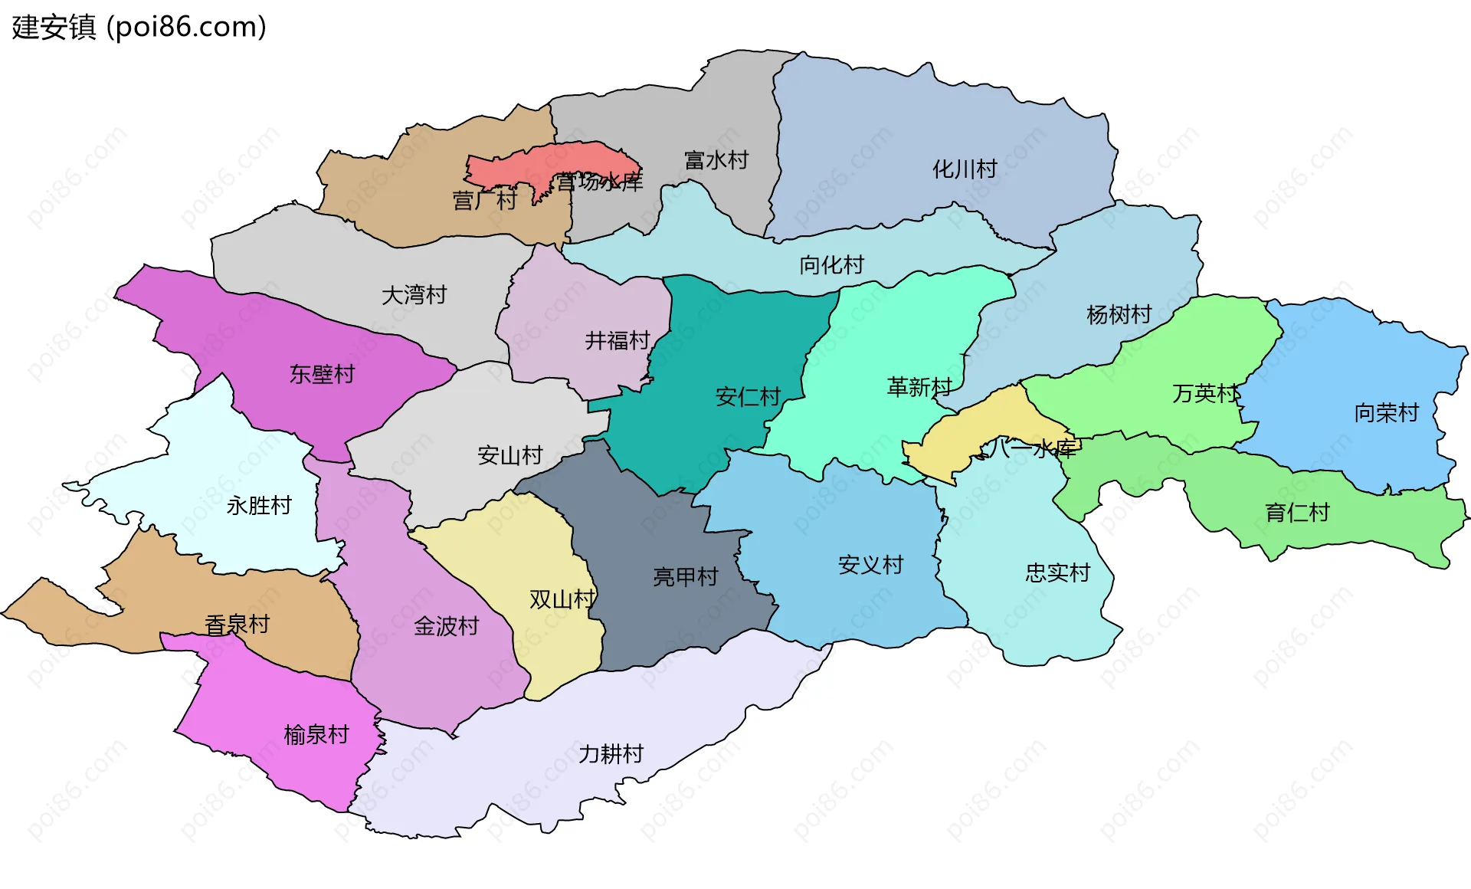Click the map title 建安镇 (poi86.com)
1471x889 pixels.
click(139, 28)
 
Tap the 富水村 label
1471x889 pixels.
click(716, 160)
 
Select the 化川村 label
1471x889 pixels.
click(964, 169)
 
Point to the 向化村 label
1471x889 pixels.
click(831, 265)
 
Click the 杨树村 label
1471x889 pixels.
click(1119, 314)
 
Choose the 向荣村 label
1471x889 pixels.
click(1386, 413)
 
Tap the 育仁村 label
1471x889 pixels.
click(1296, 512)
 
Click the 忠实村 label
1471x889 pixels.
click(1057, 572)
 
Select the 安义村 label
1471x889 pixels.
click(870, 565)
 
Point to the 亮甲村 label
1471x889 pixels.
click(685, 576)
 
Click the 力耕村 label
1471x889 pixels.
click(611, 754)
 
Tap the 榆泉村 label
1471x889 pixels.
click(316, 735)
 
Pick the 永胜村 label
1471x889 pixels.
click(259, 506)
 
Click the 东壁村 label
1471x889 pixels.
click(322, 374)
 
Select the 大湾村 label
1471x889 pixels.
click(414, 295)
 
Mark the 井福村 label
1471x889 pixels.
click(617, 340)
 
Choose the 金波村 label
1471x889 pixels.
click(446, 626)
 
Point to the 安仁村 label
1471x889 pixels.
click(747, 396)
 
